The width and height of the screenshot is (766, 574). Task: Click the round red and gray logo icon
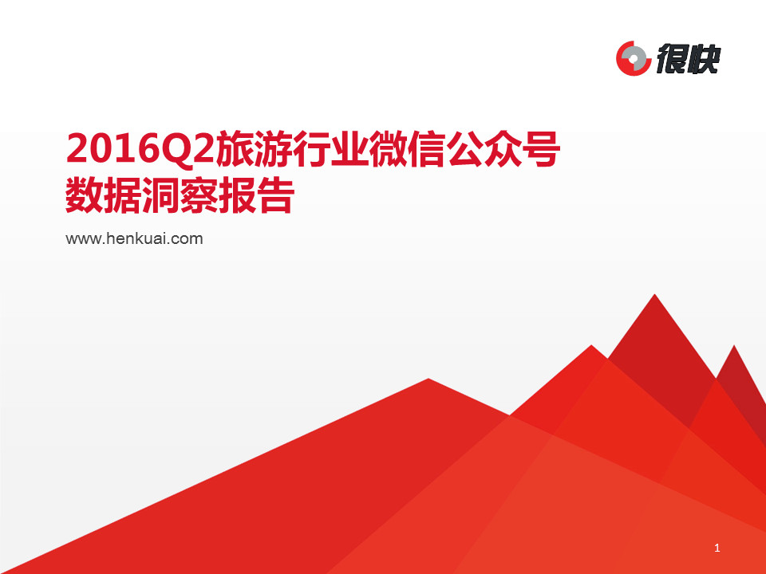pos(634,58)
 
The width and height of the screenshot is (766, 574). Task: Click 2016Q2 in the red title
pos(140,148)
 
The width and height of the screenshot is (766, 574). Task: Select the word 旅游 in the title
pos(253,148)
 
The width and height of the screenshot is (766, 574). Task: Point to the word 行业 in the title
pos(330,148)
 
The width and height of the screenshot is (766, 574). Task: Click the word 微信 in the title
pos(407,148)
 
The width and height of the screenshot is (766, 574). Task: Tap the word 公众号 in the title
pos(503,148)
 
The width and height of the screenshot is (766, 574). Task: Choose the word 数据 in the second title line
pos(103,195)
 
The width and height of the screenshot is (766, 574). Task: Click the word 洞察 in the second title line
pos(180,195)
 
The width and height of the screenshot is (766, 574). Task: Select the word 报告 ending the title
pos(256,195)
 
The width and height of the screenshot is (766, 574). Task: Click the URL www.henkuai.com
pos(134,238)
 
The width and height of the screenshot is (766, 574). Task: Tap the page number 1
pos(717,548)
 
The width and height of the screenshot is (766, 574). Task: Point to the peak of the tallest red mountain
pos(654,294)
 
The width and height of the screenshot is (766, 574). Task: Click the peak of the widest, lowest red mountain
pos(428,379)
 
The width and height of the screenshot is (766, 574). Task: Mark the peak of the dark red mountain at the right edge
pos(734,345)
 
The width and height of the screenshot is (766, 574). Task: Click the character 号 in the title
pos(541,148)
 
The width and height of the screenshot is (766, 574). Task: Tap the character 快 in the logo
pos(705,59)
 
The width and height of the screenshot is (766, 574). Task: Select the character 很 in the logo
pos(672,59)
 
